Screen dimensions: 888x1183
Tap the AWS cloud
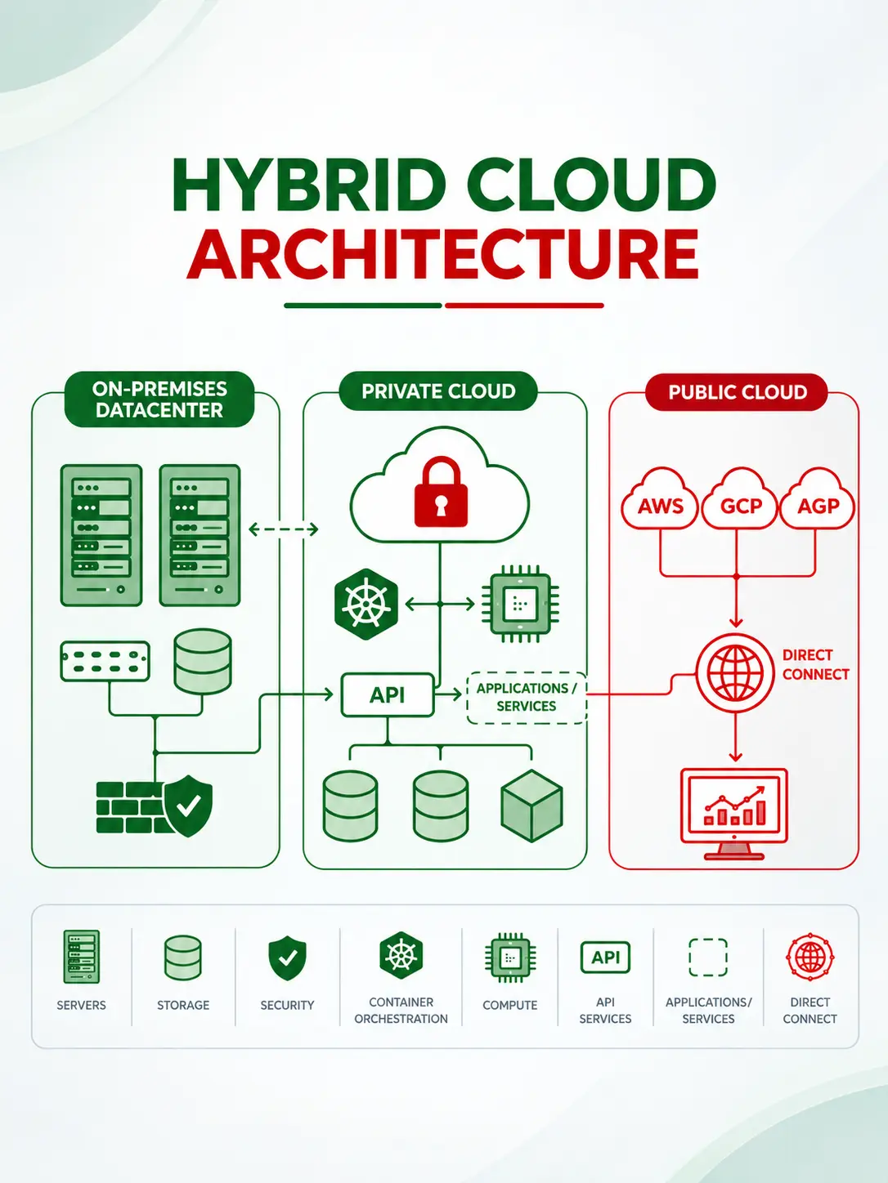coord(660,499)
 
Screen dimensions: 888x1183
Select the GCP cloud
coord(740,499)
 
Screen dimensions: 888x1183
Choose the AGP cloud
coord(818,499)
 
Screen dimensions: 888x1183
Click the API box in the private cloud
coord(388,694)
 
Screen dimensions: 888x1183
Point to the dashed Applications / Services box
coord(527,698)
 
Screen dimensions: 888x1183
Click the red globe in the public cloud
coord(735,673)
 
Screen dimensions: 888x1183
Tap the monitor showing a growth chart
coord(734,814)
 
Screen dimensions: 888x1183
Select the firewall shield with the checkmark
coord(187,806)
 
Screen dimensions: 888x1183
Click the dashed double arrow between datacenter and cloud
coord(284,529)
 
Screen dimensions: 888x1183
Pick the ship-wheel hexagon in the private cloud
coord(366,604)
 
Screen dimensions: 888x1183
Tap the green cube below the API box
coord(531,806)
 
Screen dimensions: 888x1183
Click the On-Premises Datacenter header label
coord(159,400)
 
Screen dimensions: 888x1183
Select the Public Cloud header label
coord(737,392)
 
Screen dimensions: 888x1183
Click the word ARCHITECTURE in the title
coord(443,254)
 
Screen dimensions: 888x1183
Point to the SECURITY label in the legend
coord(287,1005)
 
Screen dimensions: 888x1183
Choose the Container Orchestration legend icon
coord(401,955)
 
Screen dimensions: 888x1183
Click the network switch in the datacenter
coord(105,661)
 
